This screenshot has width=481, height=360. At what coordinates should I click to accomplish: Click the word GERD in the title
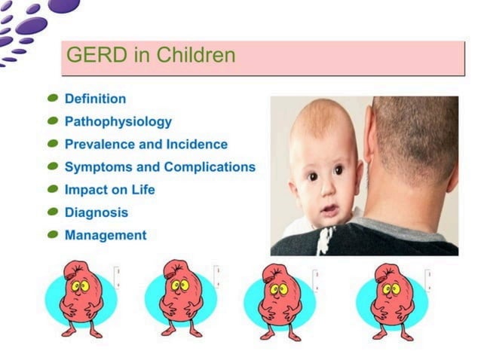[x=89, y=55]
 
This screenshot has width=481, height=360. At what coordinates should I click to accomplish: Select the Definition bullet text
[x=95, y=99]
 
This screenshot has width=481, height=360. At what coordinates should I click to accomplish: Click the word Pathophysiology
[x=118, y=121]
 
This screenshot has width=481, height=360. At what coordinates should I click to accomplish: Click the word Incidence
[x=198, y=144]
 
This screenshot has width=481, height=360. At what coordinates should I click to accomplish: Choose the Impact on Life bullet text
[x=109, y=189]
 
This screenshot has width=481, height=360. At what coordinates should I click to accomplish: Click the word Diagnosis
[x=96, y=212]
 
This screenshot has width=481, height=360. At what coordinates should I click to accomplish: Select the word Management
[x=106, y=235]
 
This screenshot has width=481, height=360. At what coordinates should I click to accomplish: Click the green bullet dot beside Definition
[x=53, y=99]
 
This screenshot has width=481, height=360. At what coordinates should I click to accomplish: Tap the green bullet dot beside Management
[x=53, y=235]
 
